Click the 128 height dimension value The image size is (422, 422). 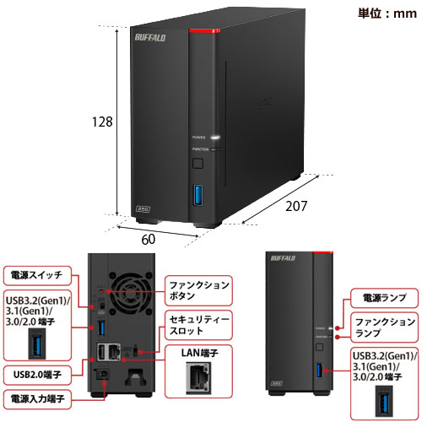click(102, 122)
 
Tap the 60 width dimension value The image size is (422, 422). click(149, 239)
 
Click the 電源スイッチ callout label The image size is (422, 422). click(35, 274)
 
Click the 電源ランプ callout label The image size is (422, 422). click(382, 297)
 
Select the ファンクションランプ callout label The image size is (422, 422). click(384, 327)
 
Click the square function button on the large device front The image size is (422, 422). click(199, 162)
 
